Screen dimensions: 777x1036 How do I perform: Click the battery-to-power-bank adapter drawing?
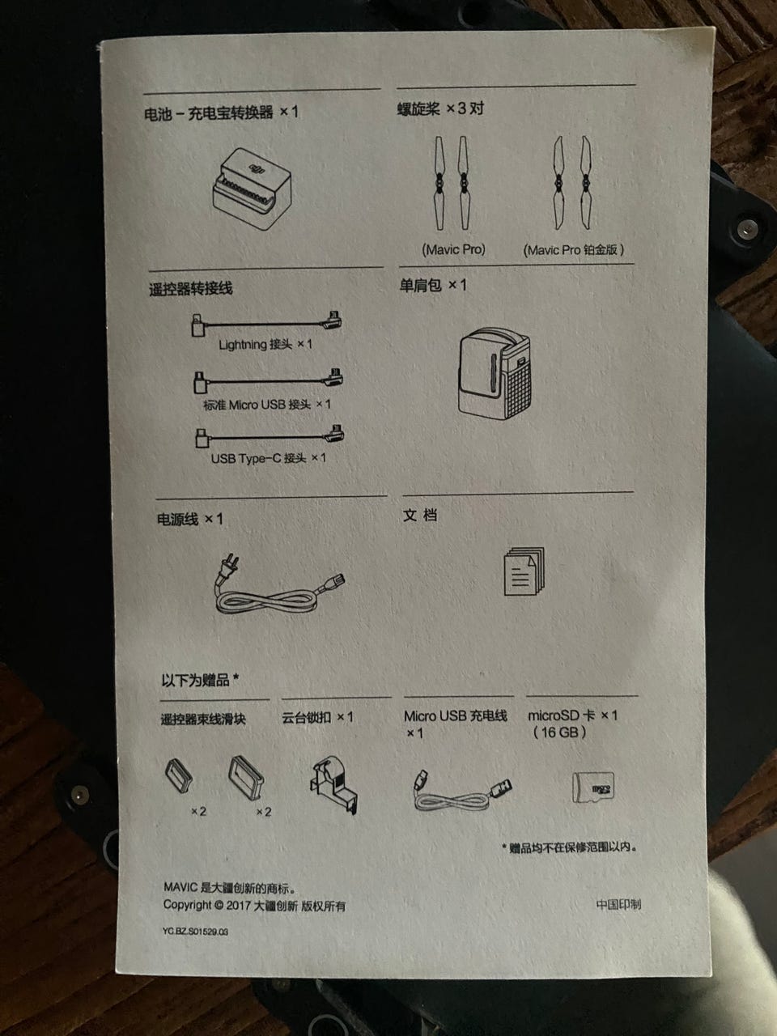point(253,189)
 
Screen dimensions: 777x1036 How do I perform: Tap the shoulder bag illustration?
point(494,373)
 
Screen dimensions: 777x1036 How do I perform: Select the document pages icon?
point(524,571)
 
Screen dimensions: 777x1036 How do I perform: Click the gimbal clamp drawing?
point(333,785)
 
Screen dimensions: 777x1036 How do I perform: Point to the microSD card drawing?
point(593,787)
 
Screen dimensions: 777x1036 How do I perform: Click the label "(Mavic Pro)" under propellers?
point(453,249)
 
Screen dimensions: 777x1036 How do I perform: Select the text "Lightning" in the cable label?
point(243,345)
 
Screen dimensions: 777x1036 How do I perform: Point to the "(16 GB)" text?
point(559,732)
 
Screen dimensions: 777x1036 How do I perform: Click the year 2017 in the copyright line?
point(238,906)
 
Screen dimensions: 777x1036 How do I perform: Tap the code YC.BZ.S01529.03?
point(195,932)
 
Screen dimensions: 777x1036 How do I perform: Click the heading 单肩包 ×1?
point(433,285)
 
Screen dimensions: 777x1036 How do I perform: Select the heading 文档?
point(420,515)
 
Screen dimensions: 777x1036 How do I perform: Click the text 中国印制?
point(618,904)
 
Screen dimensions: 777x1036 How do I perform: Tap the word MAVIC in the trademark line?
point(180,887)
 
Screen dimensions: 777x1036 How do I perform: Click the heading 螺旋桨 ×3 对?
point(440,108)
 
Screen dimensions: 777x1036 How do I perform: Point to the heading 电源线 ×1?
point(189,519)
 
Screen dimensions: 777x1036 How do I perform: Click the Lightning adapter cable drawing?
point(266,323)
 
